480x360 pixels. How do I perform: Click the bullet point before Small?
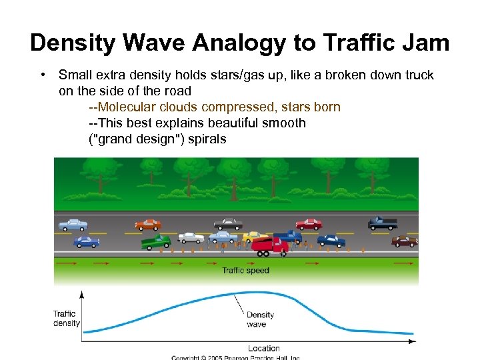point(41,75)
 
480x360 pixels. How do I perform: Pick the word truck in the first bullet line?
point(418,75)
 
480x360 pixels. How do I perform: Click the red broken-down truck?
point(269,245)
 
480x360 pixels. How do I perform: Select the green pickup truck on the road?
point(156,241)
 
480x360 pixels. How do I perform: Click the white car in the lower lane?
point(191,237)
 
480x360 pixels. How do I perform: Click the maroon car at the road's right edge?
point(404,241)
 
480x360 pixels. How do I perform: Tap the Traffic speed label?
point(245,271)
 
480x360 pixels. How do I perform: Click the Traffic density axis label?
point(66,319)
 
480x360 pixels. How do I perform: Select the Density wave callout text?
point(259,319)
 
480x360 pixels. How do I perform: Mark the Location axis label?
point(264,348)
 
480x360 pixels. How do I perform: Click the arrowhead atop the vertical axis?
point(81,293)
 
